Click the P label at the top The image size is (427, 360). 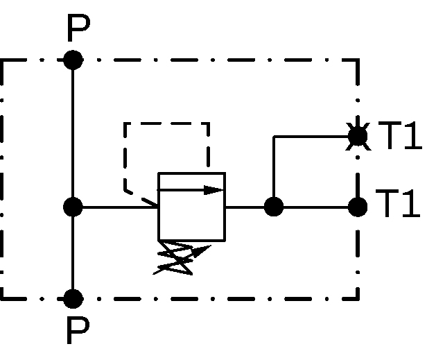[x=78, y=28]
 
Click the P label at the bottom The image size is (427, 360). [x=78, y=331]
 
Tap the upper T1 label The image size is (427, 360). [x=400, y=135]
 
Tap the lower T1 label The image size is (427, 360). [x=398, y=203]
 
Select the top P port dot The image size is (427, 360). [x=73, y=60]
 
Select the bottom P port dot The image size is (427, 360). [x=73, y=299]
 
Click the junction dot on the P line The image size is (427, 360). [x=73, y=207]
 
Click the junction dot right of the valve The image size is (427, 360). [x=274, y=207]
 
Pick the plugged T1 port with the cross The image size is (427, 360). [x=358, y=136]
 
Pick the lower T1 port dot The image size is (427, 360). [x=358, y=207]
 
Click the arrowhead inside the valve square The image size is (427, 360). [x=214, y=190]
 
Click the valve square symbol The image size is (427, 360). [x=192, y=173]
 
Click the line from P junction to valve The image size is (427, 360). [x=120, y=207]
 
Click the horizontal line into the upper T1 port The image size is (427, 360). [x=311, y=136]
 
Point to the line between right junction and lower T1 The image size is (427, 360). [x=316, y=207]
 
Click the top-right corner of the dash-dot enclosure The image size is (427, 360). [x=358, y=60]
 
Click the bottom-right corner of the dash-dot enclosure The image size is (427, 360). [x=358, y=299]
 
